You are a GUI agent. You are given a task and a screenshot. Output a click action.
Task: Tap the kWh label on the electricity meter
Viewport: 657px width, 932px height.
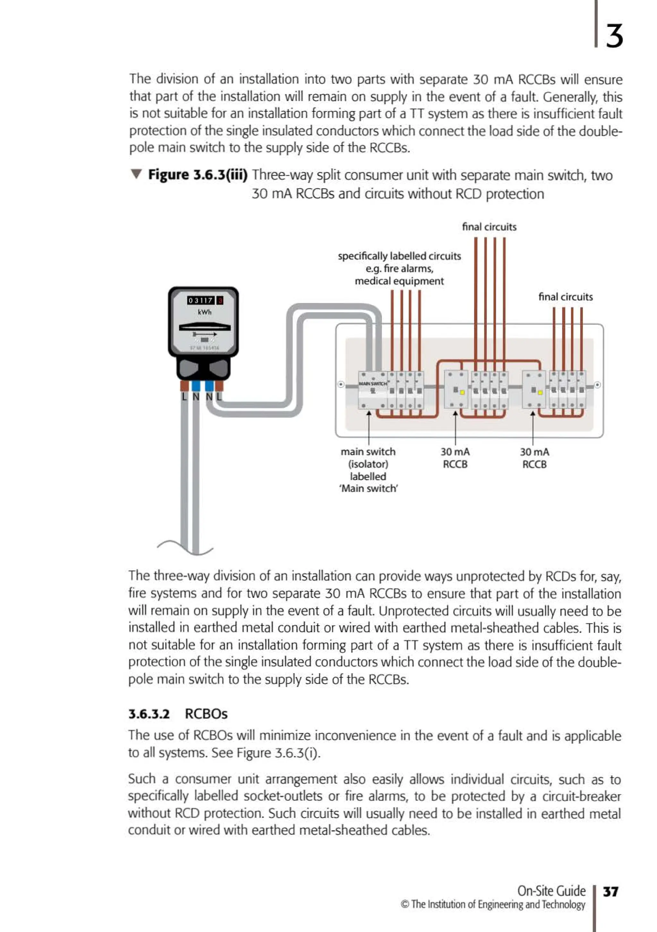click(x=204, y=312)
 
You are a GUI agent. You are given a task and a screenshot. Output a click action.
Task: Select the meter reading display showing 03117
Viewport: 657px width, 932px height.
click(x=201, y=300)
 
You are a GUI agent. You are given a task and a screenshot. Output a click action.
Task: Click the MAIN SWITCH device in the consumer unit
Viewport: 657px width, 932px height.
click(x=372, y=389)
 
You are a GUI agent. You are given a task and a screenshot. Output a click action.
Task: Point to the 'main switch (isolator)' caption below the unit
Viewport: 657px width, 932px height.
click(x=368, y=457)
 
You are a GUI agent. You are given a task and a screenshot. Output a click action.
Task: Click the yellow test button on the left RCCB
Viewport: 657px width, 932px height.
click(x=462, y=392)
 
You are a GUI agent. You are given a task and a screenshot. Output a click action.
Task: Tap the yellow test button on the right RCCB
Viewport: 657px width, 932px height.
click(x=540, y=392)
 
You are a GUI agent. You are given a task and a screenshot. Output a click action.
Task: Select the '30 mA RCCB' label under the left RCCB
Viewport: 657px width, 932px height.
click(x=455, y=458)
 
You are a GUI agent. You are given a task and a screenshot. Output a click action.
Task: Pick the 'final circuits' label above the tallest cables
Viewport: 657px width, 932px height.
click(x=489, y=227)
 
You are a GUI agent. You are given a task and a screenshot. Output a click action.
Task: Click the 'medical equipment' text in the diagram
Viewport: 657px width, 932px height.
click(x=399, y=281)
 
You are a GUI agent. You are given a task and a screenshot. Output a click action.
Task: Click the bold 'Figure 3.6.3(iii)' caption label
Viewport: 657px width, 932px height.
click(x=198, y=175)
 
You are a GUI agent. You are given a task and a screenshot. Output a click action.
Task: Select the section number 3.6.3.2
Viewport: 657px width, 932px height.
click(x=149, y=714)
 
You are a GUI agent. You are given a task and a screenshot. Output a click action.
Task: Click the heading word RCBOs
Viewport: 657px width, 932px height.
click(x=206, y=714)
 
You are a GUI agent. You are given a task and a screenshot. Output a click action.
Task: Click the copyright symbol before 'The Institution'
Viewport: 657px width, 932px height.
click(x=405, y=904)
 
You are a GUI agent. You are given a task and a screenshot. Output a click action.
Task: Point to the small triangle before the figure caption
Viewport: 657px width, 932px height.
click(x=136, y=174)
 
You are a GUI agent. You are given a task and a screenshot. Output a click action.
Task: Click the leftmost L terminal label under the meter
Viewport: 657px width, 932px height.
click(x=184, y=396)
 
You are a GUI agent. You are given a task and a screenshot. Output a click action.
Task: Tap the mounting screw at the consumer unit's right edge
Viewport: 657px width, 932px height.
click(x=597, y=385)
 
